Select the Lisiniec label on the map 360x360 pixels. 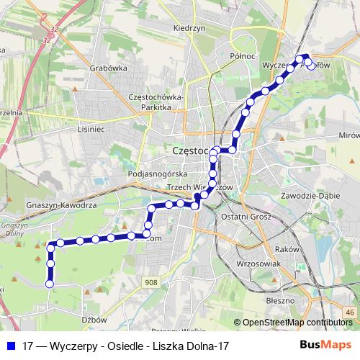coord(91,130)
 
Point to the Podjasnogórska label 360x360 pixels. coord(157,174)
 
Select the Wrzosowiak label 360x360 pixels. coord(258,264)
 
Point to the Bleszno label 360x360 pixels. coord(279,300)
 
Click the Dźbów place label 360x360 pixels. coord(94,320)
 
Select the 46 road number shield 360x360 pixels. coord(350,311)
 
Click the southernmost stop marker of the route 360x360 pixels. coord(50,284)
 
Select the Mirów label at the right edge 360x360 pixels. coord(348,135)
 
